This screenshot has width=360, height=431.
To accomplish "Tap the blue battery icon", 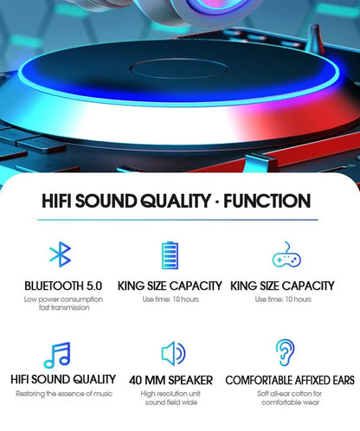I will (x=170, y=256).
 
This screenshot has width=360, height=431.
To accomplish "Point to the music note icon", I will (x=57, y=355).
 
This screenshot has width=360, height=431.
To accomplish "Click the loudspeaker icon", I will (x=173, y=353).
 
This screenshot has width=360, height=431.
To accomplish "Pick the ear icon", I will (x=284, y=353).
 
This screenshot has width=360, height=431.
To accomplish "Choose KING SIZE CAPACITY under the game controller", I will (x=284, y=286).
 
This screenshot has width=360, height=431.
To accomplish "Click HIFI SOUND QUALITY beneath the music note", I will (x=62, y=379).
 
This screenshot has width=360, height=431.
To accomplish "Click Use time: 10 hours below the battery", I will (x=171, y=299).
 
